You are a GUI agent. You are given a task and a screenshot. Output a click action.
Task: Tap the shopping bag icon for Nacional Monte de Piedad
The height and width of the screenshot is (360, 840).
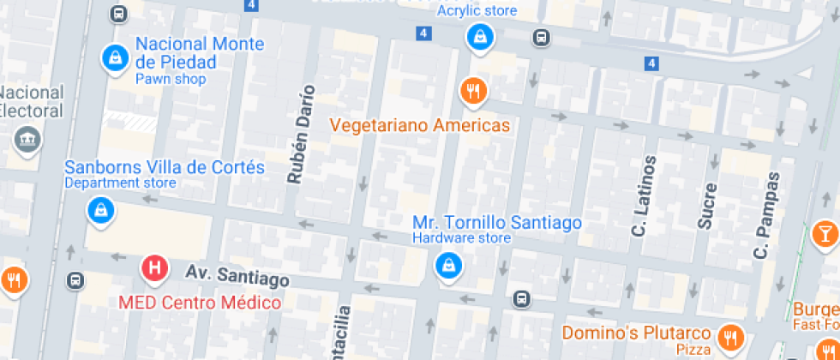tap(113, 57)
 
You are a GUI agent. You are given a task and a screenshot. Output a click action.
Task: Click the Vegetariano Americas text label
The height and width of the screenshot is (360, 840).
tap(420, 125)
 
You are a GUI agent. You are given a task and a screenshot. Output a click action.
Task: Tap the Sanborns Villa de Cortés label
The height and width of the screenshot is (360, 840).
tap(165, 167)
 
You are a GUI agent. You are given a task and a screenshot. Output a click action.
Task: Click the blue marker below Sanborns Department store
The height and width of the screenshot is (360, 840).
tap(101, 210)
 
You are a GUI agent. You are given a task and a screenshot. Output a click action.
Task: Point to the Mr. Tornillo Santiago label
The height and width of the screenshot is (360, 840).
tap(496, 223)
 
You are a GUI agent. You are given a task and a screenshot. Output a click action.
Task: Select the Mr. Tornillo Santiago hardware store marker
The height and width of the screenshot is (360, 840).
tap(447, 265)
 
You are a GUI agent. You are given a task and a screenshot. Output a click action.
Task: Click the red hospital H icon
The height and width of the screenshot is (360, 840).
tap(154, 268)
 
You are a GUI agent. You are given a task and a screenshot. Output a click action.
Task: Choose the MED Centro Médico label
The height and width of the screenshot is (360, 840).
tap(199, 303)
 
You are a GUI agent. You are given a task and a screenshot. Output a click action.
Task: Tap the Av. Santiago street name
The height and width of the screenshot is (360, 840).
tap(237, 276)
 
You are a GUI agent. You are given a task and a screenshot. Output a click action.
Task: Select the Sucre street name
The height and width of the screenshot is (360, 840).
tap(706, 205)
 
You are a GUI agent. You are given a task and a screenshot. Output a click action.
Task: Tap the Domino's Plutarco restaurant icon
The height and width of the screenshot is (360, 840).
tap(730, 336)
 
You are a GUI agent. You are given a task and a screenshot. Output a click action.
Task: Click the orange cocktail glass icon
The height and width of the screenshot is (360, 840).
tap(825, 233)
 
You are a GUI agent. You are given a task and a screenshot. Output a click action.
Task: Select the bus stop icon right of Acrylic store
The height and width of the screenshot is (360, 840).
tap(541, 38)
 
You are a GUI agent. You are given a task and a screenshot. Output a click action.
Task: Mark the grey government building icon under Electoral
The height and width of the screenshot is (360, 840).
tap(27, 139)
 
